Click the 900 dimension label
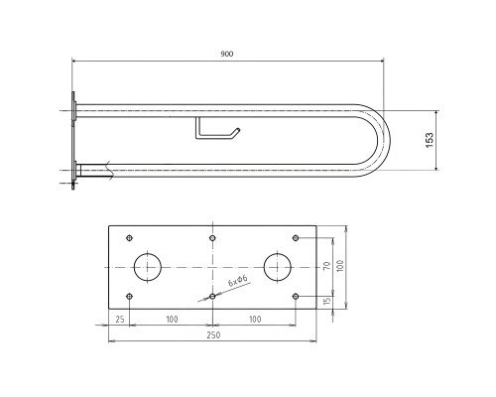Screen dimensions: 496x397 pyautogui.click(x=227, y=54)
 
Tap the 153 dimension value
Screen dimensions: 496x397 pyautogui.click(x=430, y=140)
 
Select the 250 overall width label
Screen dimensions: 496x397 pyautogui.click(x=213, y=335)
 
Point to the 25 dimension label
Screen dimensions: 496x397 pyautogui.click(x=120, y=320)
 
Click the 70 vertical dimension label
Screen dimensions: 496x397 pyautogui.click(x=326, y=266)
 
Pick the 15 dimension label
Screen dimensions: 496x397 pyautogui.click(x=326, y=301)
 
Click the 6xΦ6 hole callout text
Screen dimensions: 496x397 pyautogui.click(x=237, y=281)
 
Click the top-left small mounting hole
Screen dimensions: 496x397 pyautogui.click(x=130, y=238)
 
